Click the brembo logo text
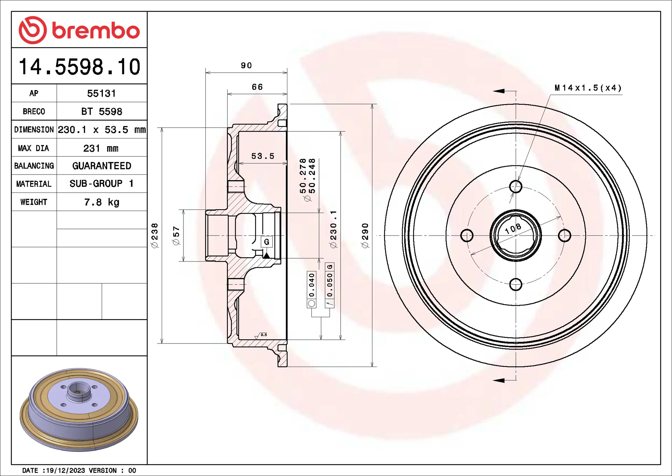tap(96, 30)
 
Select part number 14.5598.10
tap(79, 67)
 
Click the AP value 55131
tap(101, 94)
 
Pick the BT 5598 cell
tap(102, 111)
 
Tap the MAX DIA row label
tap(34, 148)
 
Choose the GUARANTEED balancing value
tap(102, 166)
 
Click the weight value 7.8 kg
tap(102, 202)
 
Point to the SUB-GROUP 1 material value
tap(101, 184)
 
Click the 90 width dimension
tap(246, 66)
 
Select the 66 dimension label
tap(257, 87)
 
